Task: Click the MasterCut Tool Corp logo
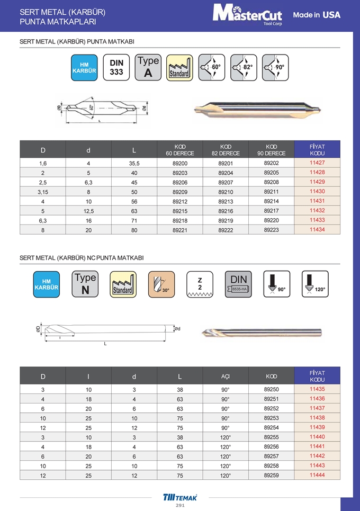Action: coord(247,14)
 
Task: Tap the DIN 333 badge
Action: coord(116,68)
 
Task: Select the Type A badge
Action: coord(148,68)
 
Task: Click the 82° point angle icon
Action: coord(244,68)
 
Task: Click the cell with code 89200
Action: coord(180,163)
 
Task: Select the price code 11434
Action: coord(317,229)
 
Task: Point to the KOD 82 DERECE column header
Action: coord(226,150)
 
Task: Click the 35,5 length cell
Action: coord(134,163)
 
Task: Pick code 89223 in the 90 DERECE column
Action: coord(272,229)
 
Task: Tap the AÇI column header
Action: coord(226,376)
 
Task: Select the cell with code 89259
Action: coord(272,475)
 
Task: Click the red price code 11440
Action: coord(317,437)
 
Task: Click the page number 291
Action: coord(180,506)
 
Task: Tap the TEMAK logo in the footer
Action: coord(180,497)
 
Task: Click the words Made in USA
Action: coord(317,15)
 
